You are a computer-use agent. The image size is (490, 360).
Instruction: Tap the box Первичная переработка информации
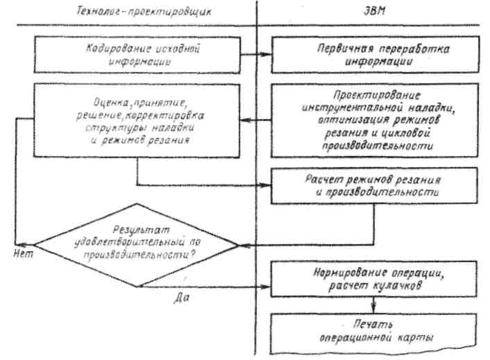point(373,54)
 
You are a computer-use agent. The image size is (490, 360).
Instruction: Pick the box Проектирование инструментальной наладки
point(373,119)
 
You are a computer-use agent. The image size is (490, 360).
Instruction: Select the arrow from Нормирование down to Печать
point(373,303)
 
